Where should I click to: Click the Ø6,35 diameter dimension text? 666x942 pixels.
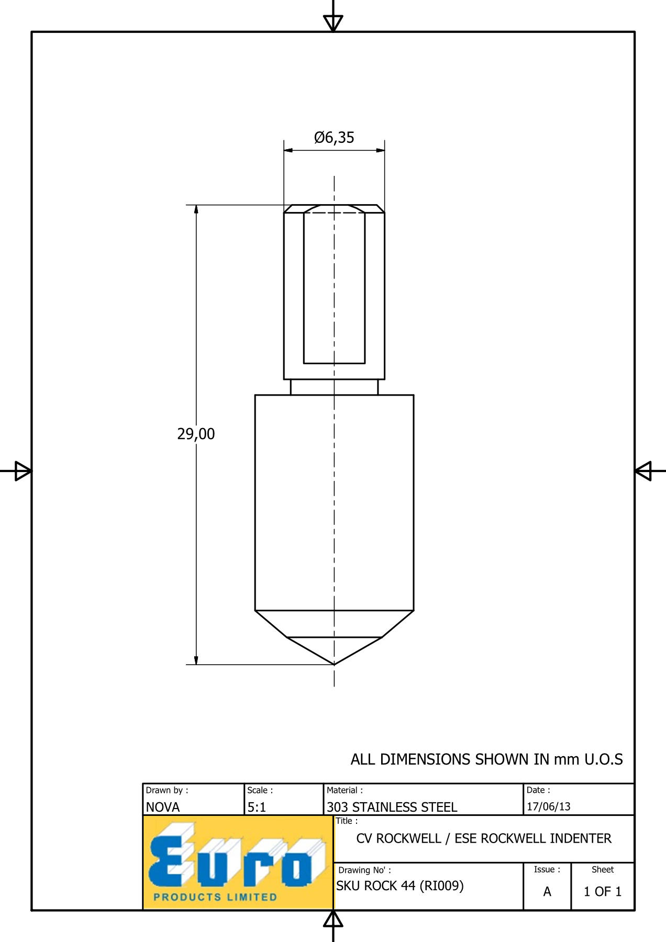pos(334,138)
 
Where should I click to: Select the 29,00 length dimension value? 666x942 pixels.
pos(196,434)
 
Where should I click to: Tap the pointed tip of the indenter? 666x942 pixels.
pos(334,665)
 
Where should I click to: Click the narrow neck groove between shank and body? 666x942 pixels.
pos(334,387)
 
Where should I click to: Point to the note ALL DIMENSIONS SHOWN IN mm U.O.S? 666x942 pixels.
pos(487,759)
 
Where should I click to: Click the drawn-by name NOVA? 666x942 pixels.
pos(163,807)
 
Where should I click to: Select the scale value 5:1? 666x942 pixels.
pos(257,807)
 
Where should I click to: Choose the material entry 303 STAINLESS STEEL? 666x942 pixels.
pos(392,807)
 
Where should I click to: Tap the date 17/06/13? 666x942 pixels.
pos(549,806)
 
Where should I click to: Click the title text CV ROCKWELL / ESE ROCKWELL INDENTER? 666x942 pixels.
pos(484,838)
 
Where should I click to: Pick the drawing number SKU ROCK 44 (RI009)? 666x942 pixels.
pos(400,885)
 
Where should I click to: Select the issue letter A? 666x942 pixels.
pos(547,891)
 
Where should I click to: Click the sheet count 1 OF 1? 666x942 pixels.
pos(603,891)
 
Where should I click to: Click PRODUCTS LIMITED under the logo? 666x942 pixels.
pos(215,897)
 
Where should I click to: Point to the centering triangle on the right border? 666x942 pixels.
pos(643,471)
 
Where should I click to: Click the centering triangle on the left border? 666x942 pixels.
pos(23,471)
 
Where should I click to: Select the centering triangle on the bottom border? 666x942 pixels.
pos(333,919)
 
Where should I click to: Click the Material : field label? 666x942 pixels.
pos(345,790)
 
